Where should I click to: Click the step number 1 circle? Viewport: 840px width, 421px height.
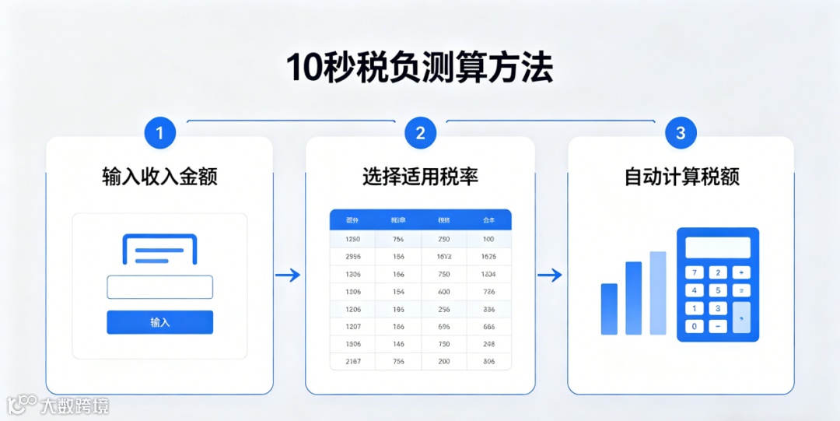pos(160,133)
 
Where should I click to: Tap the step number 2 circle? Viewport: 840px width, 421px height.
pos(420,133)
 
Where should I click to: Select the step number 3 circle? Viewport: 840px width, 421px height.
pos(681,133)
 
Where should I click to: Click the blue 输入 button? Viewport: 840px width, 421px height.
pos(159,322)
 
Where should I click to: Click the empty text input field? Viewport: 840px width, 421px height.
pos(159,287)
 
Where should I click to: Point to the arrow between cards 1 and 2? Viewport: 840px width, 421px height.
pos(288,275)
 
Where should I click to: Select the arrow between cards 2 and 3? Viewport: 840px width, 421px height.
pos(550,275)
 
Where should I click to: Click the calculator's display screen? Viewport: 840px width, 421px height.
pos(718,247)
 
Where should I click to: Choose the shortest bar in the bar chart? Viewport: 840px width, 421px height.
pos(609,309)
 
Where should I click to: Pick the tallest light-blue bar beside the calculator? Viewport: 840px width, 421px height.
pos(658,293)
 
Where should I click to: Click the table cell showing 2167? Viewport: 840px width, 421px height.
pos(352,361)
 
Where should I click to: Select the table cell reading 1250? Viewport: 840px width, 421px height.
pos(352,239)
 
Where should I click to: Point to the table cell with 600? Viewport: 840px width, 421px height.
pos(444,291)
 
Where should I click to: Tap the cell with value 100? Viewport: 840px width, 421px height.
pos(488,239)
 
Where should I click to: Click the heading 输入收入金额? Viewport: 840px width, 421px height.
pos(159,177)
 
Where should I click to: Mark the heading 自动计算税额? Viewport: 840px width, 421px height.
pos(681,177)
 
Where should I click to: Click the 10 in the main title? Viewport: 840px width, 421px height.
pos(303,68)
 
